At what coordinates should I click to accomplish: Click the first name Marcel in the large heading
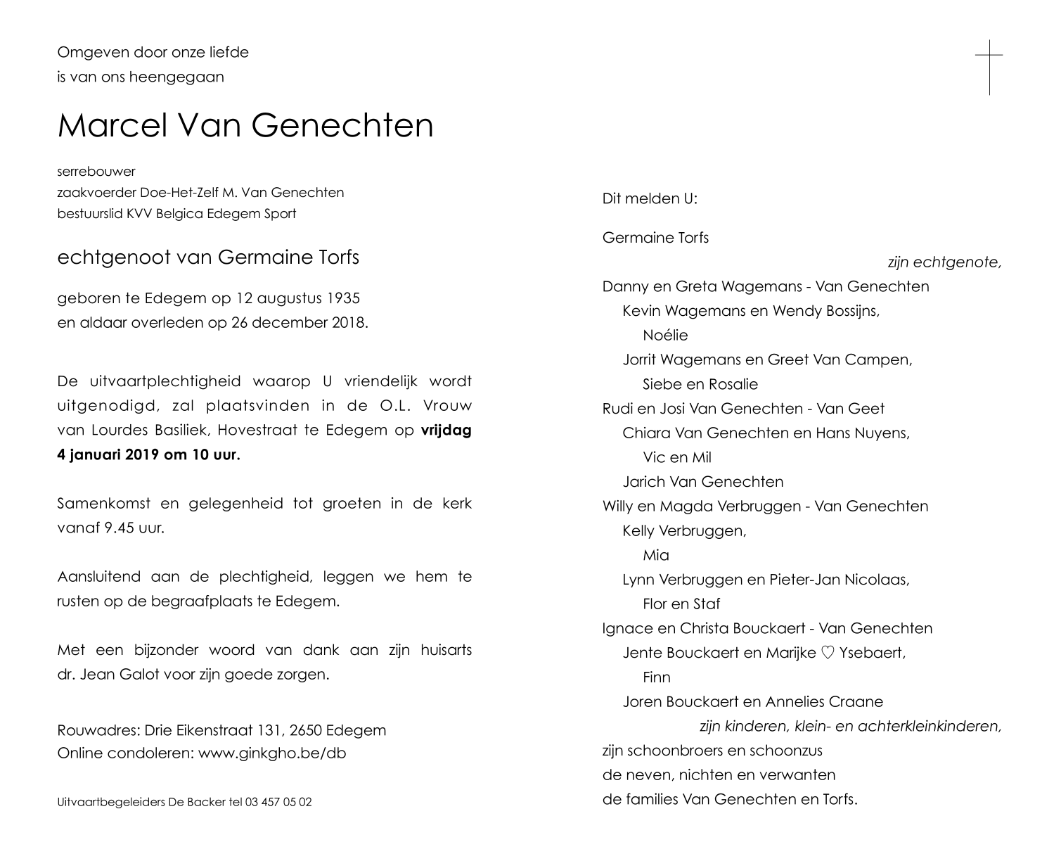[x=112, y=125]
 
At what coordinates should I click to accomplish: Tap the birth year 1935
[x=343, y=298]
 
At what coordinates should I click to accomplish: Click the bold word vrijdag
[x=446, y=431]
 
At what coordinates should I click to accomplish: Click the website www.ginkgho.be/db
[x=272, y=753]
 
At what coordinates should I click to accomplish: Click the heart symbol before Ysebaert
[x=827, y=653]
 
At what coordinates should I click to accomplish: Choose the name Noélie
[x=665, y=336]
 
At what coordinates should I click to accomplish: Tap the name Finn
[x=656, y=677]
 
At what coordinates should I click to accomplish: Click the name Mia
[x=655, y=555]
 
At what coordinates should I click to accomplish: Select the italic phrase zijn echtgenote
[x=944, y=262]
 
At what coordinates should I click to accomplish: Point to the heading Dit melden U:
[x=650, y=199]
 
